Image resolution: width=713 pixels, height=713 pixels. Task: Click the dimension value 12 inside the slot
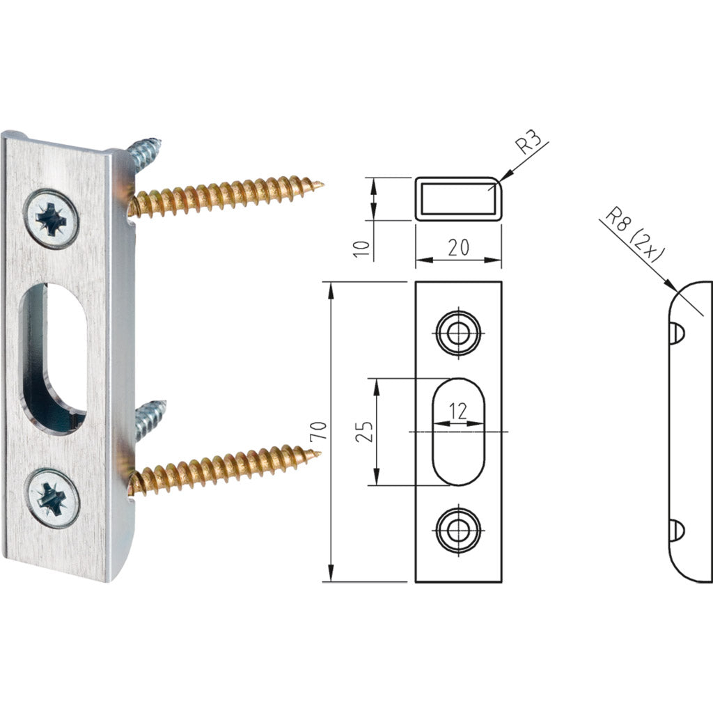[x=457, y=412]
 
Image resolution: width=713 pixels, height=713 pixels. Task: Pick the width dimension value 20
[x=458, y=246]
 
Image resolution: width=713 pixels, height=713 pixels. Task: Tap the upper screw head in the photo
[x=51, y=218]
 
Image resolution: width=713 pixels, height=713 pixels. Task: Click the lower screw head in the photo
[x=51, y=497]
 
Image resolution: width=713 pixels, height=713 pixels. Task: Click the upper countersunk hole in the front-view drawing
[x=457, y=334]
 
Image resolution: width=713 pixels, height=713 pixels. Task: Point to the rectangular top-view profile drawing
[x=458, y=198]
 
